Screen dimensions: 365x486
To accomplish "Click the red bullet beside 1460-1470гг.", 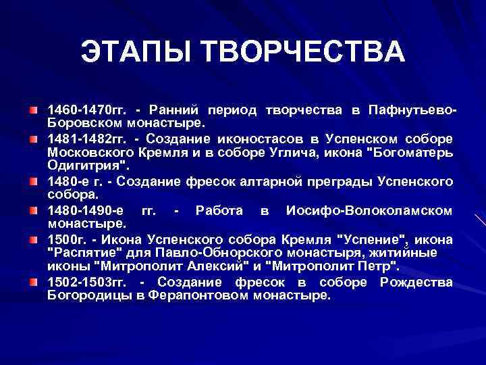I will coord(33,109).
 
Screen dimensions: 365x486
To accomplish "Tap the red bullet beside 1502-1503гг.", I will coord(33,282).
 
